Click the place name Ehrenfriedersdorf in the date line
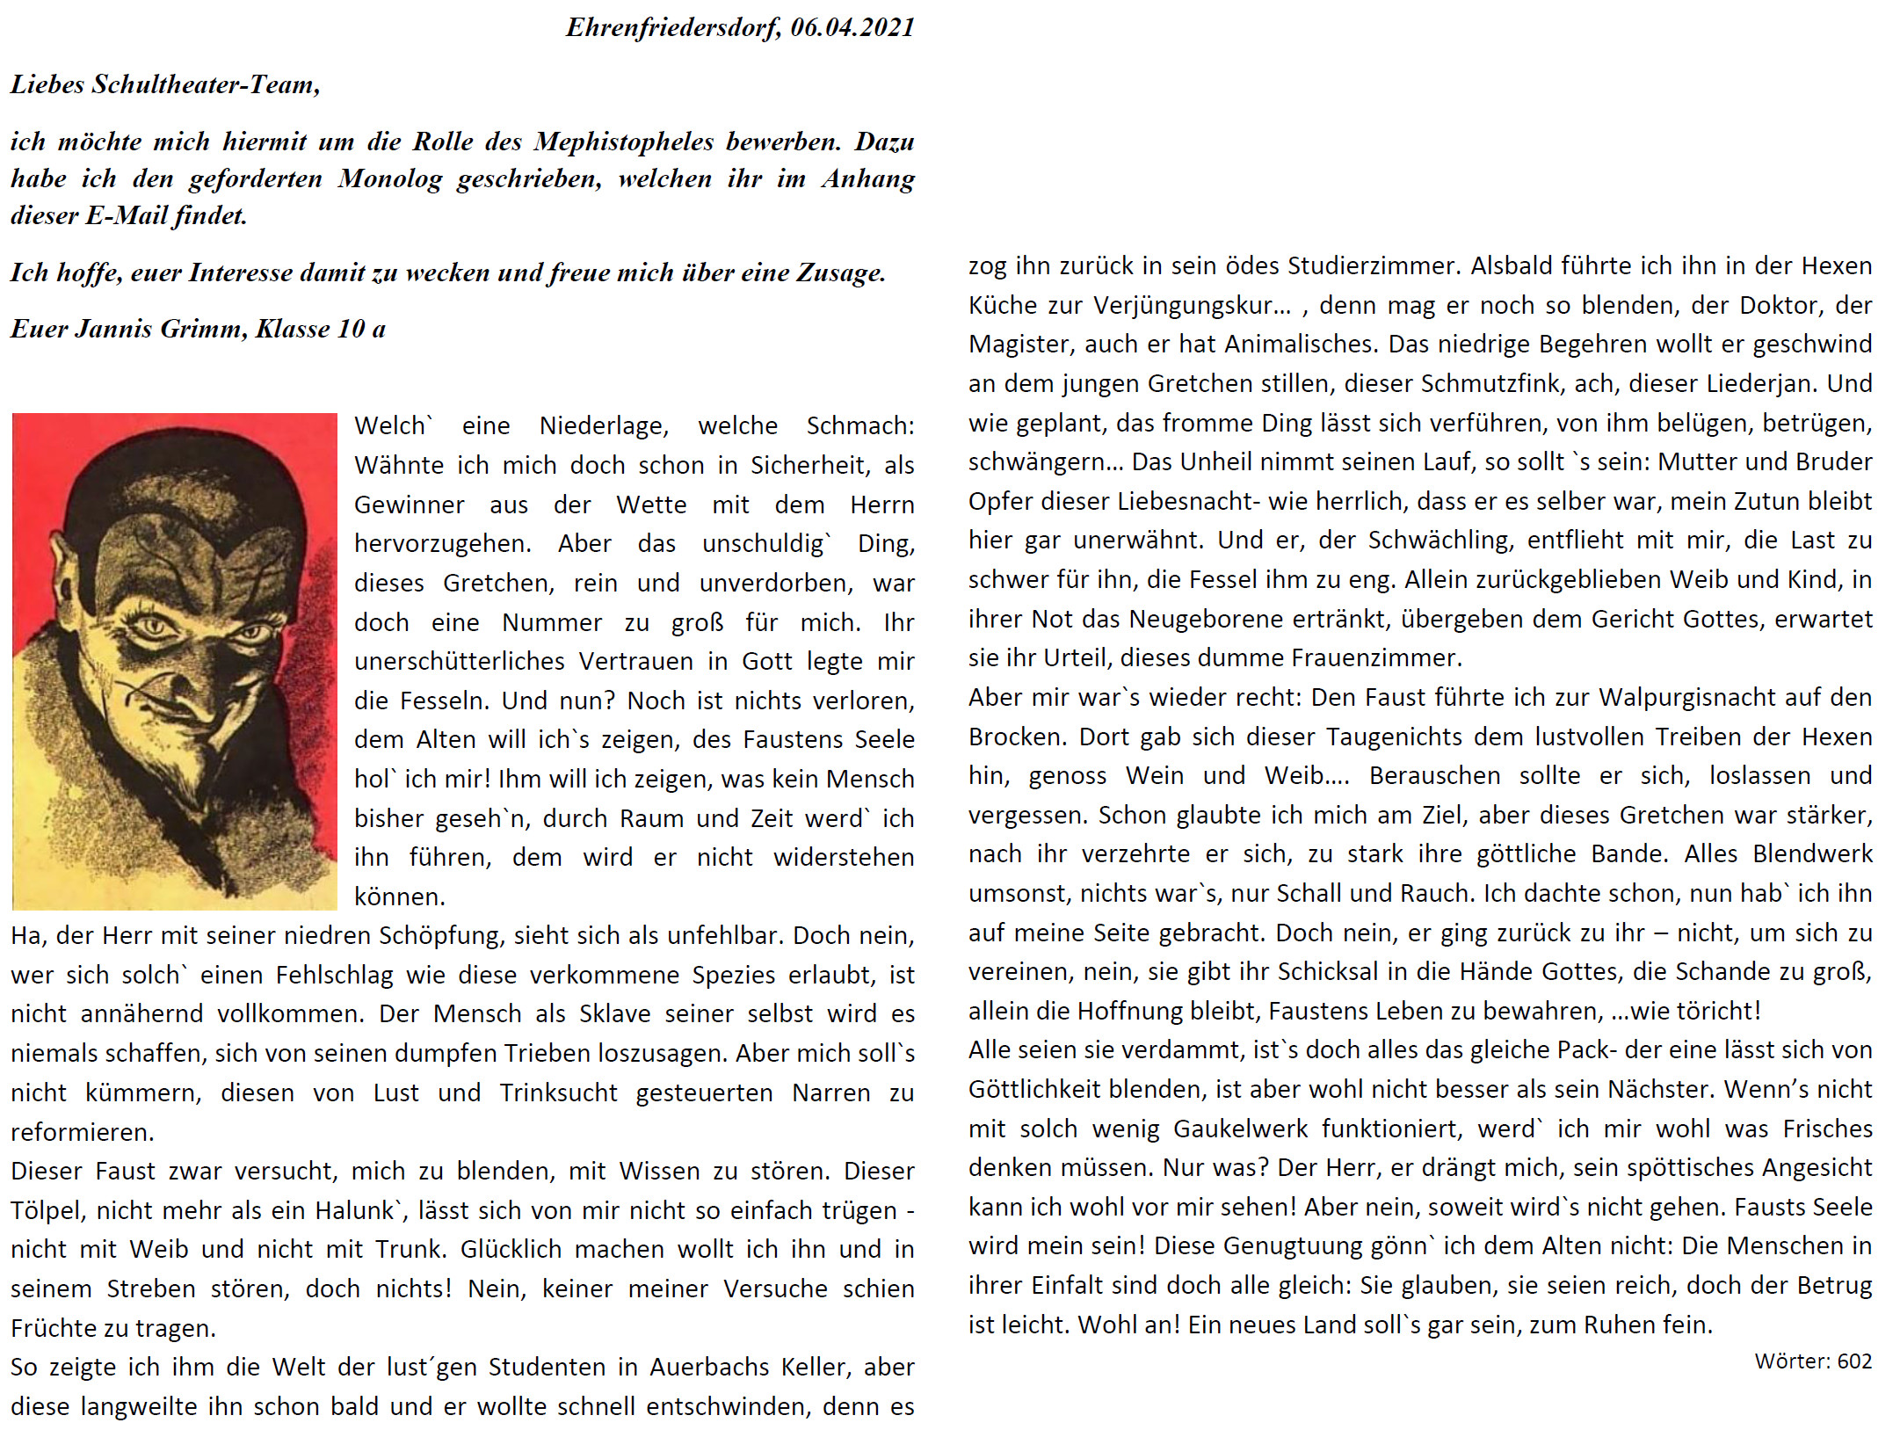click(x=672, y=28)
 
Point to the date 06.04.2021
click(x=852, y=28)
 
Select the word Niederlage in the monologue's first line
click(x=604, y=426)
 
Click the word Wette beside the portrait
click(x=650, y=505)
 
